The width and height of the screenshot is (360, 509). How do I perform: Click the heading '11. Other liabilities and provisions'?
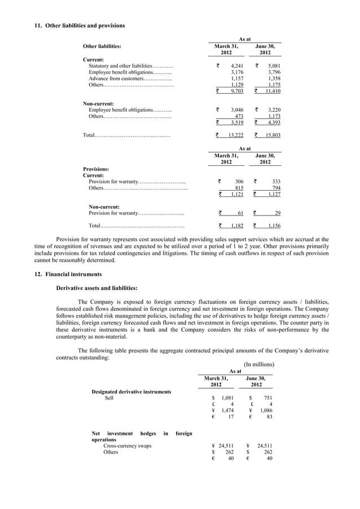pyautogui.click(x=80, y=26)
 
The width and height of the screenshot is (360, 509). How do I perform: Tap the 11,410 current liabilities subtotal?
pyautogui.click(x=273, y=91)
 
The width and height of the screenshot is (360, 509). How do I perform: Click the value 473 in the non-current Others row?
pyautogui.click(x=239, y=116)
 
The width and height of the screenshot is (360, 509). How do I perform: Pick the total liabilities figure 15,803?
pyautogui.click(x=273, y=135)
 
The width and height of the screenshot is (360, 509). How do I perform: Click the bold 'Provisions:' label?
pyautogui.click(x=96, y=169)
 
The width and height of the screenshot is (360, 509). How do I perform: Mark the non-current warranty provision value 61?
pyautogui.click(x=240, y=213)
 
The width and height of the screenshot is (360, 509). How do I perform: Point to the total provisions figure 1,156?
pyautogui.click(x=274, y=226)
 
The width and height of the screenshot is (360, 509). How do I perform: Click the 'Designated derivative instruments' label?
pyautogui.click(x=131, y=391)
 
